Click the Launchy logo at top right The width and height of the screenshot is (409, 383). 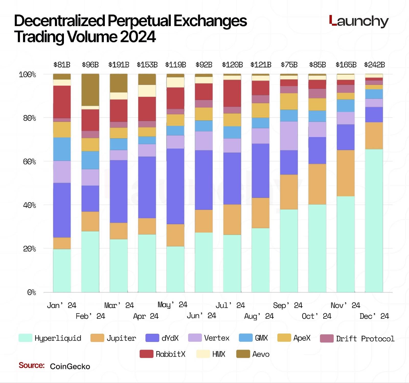[x=359, y=21]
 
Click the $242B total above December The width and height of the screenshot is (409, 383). [x=374, y=65]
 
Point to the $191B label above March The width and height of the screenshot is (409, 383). [x=119, y=65]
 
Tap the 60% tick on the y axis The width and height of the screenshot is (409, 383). [x=29, y=162]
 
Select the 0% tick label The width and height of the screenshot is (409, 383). [x=31, y=292]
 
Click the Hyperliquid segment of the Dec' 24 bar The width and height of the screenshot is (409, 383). [x=374, y=221]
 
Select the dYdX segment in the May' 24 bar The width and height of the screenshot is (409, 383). [x=175, y=186]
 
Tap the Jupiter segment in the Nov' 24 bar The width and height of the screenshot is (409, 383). [x=346, y=173]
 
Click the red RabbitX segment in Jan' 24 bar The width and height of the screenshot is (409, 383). [x=62, y=102]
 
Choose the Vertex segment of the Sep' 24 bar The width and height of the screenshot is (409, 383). [x=289, y=136]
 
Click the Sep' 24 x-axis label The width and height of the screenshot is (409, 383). [x=288, y=305]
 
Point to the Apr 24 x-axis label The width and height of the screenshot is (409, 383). [x=146, y=316]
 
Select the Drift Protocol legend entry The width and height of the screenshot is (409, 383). [x=357, y=339]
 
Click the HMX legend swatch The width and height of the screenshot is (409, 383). [x=203, y=354]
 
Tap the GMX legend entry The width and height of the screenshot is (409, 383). [x=253, y=338]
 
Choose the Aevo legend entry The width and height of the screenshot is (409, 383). [x=253, y=354]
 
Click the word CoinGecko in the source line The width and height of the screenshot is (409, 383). [x=70, y=367]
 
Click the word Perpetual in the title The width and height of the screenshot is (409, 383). [x=139, y=21]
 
